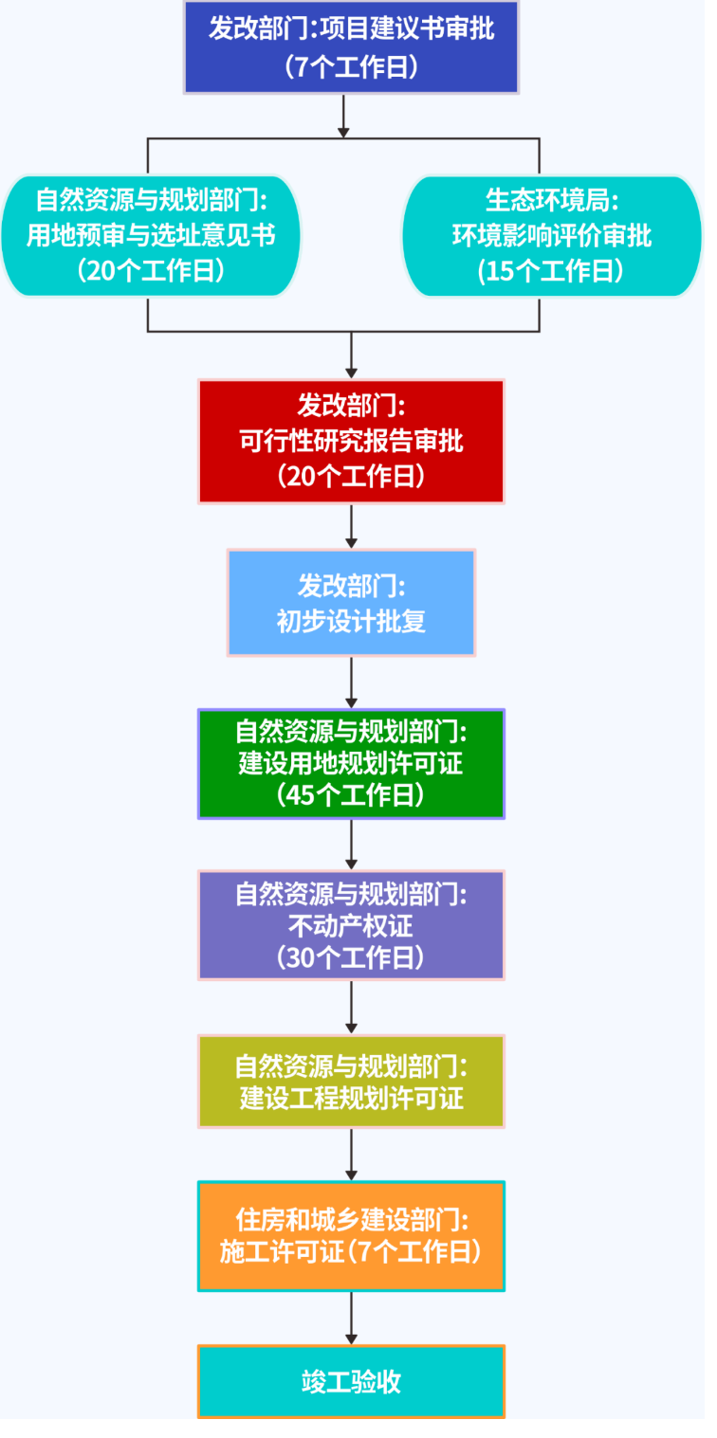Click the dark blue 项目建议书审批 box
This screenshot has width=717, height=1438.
[x=352, y=46]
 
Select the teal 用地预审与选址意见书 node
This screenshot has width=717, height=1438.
[x=151, y=235]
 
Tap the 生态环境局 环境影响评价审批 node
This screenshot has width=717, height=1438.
[x=552, y=235]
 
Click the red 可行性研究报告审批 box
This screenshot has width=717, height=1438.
[x=352, y=441]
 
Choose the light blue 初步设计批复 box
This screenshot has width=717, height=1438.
[x=352, y=602]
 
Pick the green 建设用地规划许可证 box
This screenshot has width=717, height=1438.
[x=352, y=763]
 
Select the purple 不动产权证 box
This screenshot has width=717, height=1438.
[x=352, y=924]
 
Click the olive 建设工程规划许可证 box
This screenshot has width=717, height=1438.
[x=352, y=1081]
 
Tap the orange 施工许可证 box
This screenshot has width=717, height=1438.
[x=352, y=1235]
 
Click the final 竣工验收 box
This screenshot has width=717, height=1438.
[x=352, y=1381]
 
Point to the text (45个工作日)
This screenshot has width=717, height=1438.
[x=352, y=794]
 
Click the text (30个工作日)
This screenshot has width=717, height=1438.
[x=352, y=956]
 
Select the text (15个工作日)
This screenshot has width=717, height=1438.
[x=552, y=271]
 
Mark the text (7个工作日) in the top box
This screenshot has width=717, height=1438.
[x=352, y=66]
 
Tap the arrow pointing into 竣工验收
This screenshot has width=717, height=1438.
[x=352, y=1318]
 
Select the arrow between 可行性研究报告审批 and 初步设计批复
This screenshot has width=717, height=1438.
[x=352, y=526]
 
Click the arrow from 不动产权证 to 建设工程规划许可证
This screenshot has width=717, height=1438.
[x=352, y=1007]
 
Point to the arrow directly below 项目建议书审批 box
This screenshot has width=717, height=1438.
[x=344, y=116]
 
